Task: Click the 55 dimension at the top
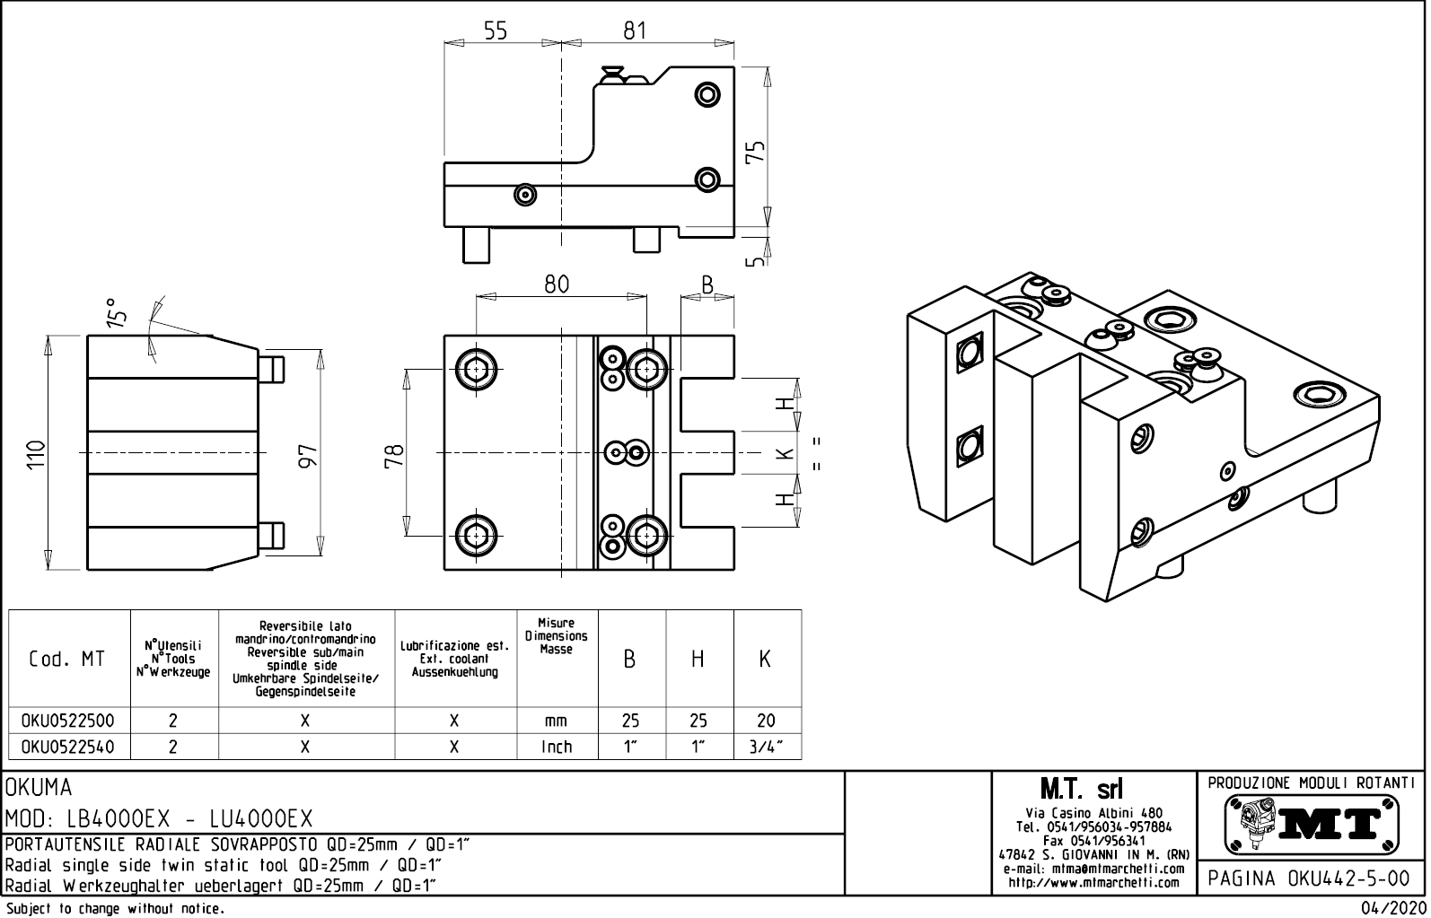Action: tap(496, 31)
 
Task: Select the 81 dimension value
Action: tap(635, 31)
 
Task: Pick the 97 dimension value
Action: tap(308, 455)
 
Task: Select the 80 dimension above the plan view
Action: tap(557, 284)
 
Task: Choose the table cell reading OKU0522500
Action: tap(69, 721)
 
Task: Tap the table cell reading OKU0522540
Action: tap(69, 747)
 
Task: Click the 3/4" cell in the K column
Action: tap(766, 747)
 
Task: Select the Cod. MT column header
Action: tap(67, 660)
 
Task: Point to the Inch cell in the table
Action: tap(557, 747)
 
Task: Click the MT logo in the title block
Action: tap(1312, 823)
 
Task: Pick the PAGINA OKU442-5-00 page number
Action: tap(1312, 879)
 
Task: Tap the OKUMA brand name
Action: tap(39, 788)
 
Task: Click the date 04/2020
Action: tap(1391, 908)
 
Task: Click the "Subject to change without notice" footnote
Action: tap(114, 908)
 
